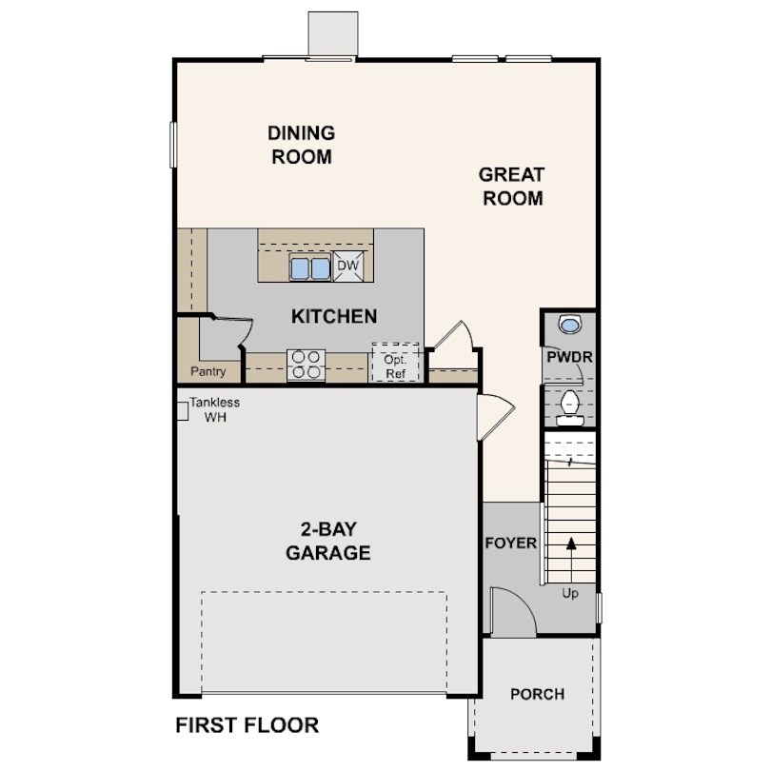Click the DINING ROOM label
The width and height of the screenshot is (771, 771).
[302, 145]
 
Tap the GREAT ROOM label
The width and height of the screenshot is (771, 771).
[512, 187]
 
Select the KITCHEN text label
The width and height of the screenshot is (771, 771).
[334, 316]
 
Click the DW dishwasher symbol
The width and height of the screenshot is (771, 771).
[348, 267]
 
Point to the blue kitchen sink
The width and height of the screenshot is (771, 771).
[309, 268]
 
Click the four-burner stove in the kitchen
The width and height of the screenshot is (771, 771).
[306, 366]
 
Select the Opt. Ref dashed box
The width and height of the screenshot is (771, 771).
[394, 363]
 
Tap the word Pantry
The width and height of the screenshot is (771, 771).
[208, 371]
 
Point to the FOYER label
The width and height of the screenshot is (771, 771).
[511, 544]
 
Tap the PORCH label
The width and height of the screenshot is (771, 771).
[537, 694]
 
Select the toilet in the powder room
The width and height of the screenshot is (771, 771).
[569, 405]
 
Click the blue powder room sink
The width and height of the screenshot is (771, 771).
[569, 326]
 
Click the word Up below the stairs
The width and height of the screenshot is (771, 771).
[570, 593]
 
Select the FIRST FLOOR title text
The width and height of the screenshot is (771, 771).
[247, 725]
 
